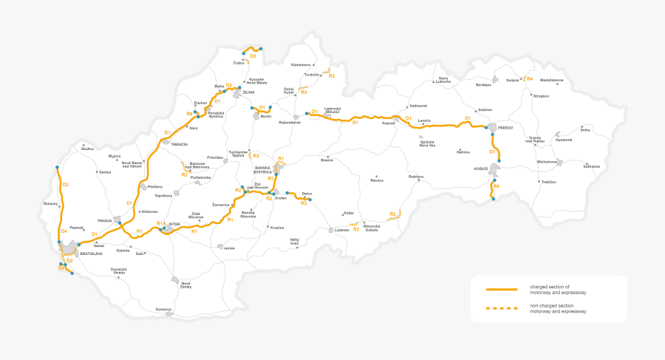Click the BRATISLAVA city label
pyautogui.click(x=91, y=254)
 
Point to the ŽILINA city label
pyautogui.click(x=248, y=92)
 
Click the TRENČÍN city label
pyautogui.click(x=180, y=144)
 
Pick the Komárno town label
pyautogui.click(x=163, y=309)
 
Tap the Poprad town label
pyautogui.click(x=389, y=123)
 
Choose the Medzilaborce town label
pyautogui.click(x=551, y=79)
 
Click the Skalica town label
pyautogui.click(x=88, y=149)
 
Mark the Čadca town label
pyautogui.click(x=238, y=63)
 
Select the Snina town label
pyautogui.click(x=585, y=130)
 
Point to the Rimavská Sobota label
pyautogui.click(x=372, y=228)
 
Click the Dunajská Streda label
pyautogui.click(x=119, y=271)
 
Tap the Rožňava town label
pyautogui.click(x=416, y=176)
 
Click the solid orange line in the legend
pyautogui.click(x=501, y=288)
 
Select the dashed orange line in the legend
pyautogui.click(x=501, y=308)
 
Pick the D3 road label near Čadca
pyautogui.click(x=253, y=56)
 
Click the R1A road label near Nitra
pyautogui.click(x=160, y=223)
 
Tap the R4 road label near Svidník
pyautogui.click(x=529, y=78)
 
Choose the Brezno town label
pyautogui.click(x=327, y=160)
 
